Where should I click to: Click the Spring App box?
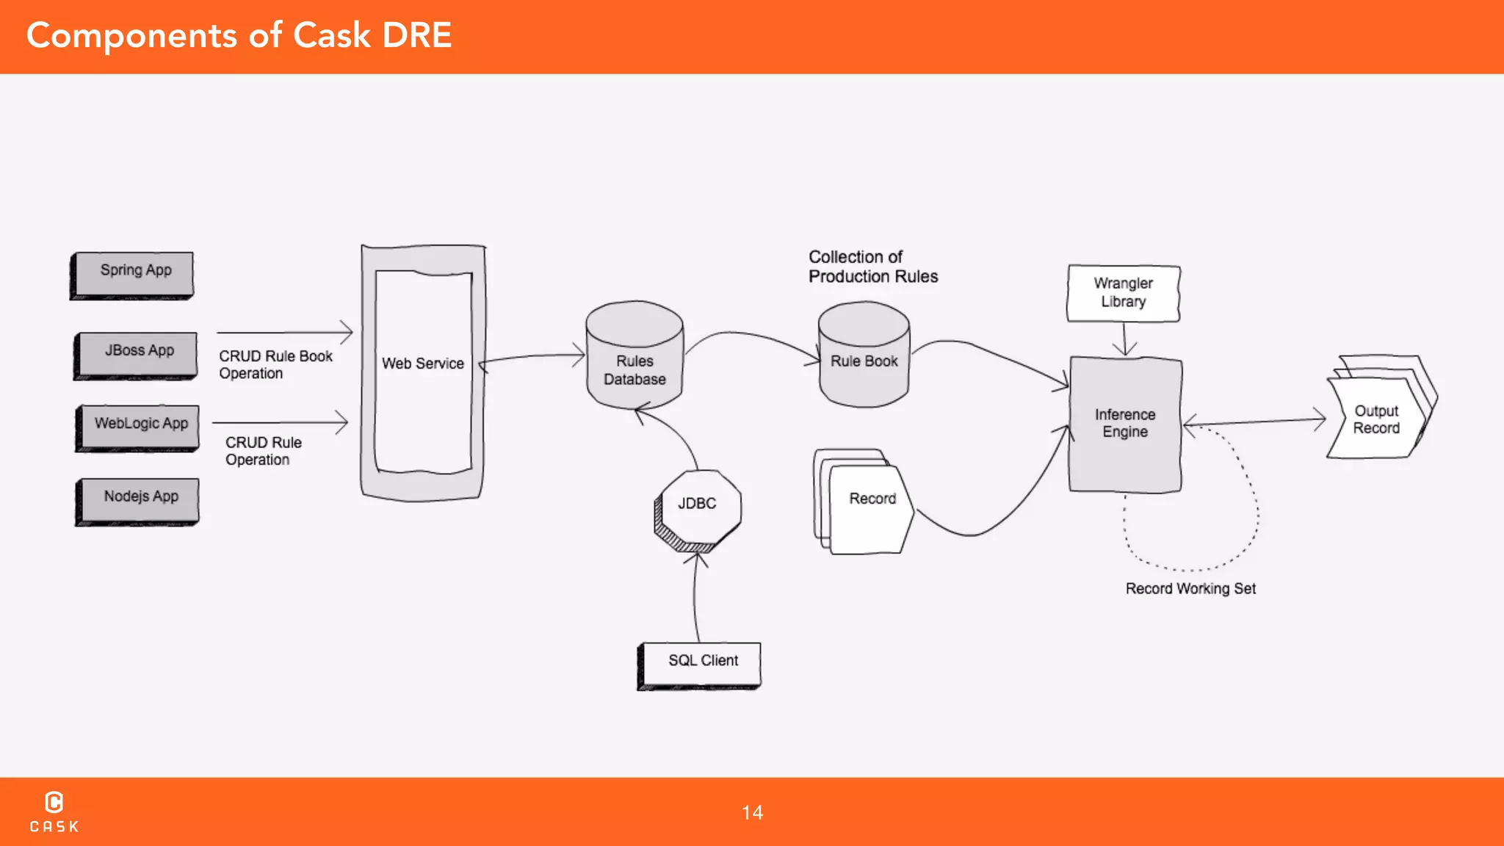[x=134, y=275]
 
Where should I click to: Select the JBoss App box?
[x=137, y=355]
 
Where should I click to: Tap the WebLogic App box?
[x=140, y=427]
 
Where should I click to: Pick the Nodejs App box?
[x=140, y=501]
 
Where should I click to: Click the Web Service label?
[x=423, y=364]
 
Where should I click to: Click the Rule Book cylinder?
[x=864, y=357]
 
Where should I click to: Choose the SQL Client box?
[x=701, y=664]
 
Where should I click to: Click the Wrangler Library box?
[x=1123, y=293]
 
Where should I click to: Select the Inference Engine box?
[x=1125, y=424]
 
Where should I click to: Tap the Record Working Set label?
[x=1190, y=589]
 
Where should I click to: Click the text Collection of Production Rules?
[x=872, y=267]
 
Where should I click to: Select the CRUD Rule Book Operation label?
[x=275, y=364]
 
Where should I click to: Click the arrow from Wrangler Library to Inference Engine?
[x=1124, y=339]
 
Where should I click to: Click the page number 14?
[x=752, y=812]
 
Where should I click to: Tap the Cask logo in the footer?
[x=54, y=811]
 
